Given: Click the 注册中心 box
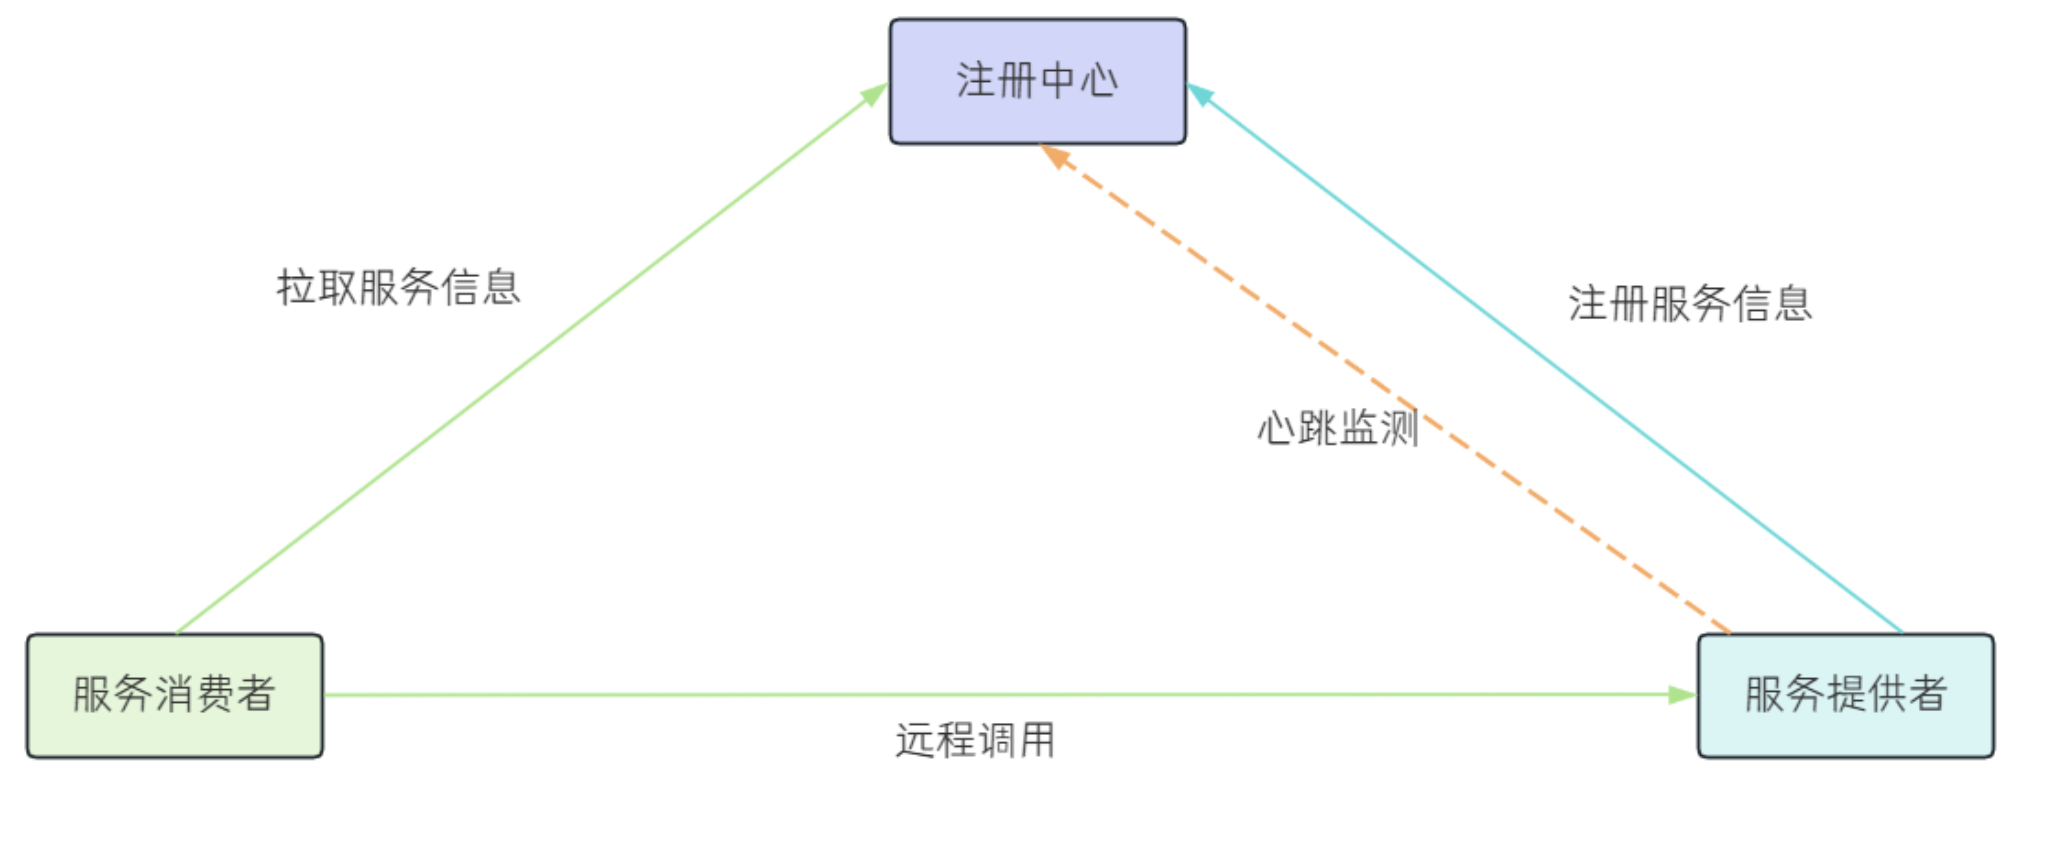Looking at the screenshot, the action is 1037,81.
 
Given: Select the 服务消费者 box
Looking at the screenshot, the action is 174,695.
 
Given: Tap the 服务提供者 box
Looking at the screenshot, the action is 1845,695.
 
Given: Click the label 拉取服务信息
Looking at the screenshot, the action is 398,287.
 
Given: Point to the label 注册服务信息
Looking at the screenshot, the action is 1690,303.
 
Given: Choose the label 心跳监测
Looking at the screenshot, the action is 1338,428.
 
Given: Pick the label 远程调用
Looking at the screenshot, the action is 975,741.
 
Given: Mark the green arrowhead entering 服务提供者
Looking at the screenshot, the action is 1682,694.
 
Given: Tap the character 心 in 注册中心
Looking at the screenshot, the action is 1100,81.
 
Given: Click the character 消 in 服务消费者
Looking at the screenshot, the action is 174,695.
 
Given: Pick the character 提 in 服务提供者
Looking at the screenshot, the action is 1845,695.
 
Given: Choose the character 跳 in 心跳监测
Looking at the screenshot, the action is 1318,428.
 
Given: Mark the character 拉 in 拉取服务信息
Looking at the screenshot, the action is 296,287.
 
